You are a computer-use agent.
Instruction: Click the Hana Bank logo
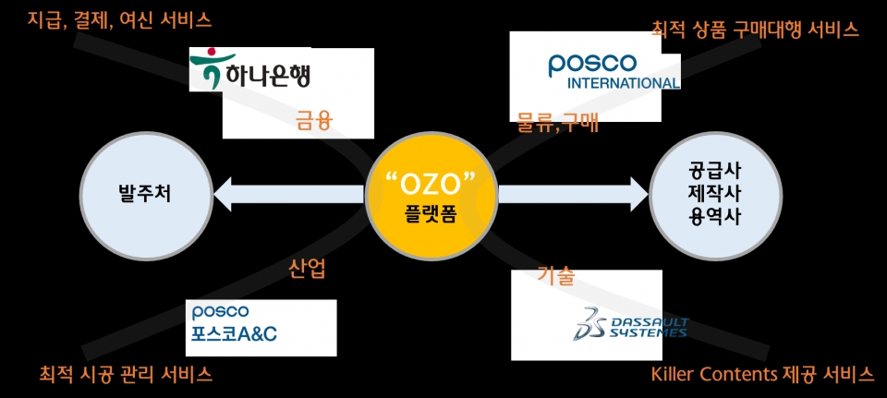(250, 69)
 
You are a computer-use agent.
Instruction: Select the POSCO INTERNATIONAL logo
(614, 71)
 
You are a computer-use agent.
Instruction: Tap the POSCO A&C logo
(234, 324)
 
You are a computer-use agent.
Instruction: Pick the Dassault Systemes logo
(630, 324)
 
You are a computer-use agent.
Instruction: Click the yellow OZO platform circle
(431, 195)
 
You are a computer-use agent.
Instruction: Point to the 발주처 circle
(146, 196)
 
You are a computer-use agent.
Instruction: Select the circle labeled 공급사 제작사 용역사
(715, 196)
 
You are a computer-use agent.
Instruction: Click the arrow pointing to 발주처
(288, 195)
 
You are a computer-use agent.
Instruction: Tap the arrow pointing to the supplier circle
(573, 195)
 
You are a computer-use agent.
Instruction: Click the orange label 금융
(314, 122)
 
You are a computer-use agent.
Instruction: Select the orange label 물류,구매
(557, 123)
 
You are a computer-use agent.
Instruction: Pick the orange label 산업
(307, 270)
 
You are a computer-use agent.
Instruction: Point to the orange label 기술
(556, 276)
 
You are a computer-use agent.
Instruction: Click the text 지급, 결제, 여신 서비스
(119, 21)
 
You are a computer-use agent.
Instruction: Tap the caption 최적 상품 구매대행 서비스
(755, 29)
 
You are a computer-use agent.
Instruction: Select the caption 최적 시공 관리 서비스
(126, 374)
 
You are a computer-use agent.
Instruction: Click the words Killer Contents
(714, 374)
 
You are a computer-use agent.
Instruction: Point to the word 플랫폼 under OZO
(431, 215)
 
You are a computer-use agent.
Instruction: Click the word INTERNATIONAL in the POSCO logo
(624, 82)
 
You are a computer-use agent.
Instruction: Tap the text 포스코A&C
(234, 334)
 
